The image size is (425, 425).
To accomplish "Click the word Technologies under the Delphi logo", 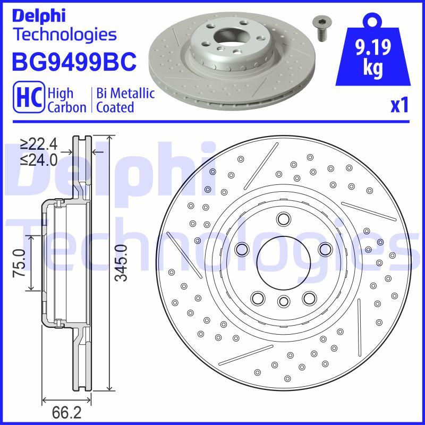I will [x=64, y=35].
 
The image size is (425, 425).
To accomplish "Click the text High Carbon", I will [x=66, y=100].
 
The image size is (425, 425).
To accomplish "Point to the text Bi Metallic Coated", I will [x=125, y=100].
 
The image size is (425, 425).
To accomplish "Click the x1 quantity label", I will [x=398, y=106].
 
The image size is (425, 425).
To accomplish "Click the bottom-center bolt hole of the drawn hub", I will [x=283, y=301].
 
